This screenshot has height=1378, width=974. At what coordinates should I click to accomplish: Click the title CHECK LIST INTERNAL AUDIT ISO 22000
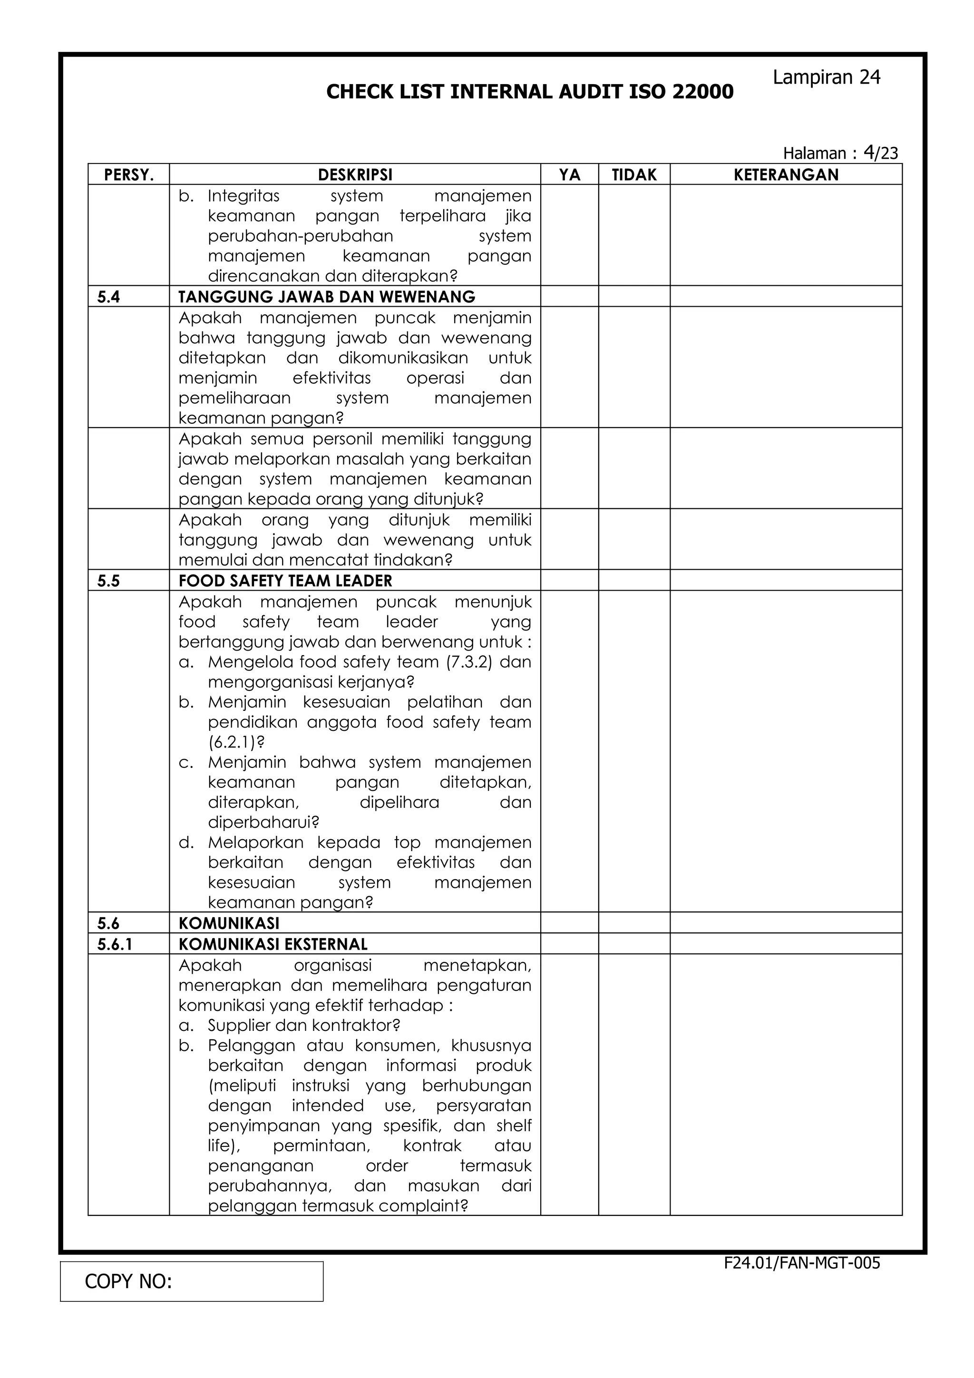[529, 92]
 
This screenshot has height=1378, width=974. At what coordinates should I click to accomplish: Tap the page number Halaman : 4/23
[840, 153]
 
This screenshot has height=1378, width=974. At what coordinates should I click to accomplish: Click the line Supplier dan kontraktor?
[304, 1025]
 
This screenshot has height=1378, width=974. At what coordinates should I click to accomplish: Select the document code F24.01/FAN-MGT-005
[801, 1263]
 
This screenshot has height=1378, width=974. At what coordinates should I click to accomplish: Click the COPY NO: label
[128, 1282]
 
